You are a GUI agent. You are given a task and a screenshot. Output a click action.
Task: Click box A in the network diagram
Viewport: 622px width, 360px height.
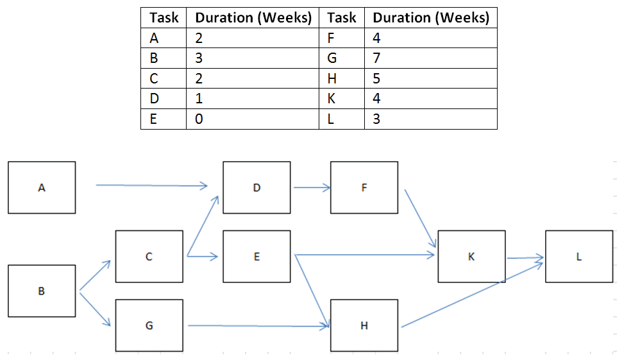[42, 187]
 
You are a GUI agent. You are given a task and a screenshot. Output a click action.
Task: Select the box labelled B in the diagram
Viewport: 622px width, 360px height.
[42, 291]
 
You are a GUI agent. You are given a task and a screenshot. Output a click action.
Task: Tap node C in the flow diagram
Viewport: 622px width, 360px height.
[149, 257]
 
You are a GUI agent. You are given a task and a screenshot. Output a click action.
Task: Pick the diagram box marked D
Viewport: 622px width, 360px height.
[256, 187]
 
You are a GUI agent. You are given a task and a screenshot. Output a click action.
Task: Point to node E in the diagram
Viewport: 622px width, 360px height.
[256, 257]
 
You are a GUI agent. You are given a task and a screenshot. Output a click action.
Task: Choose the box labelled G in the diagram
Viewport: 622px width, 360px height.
[149, 325]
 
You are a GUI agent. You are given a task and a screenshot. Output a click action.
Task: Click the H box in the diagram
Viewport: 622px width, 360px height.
[364, 325]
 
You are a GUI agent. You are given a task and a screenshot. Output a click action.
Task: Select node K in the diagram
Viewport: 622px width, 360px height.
[472, 257]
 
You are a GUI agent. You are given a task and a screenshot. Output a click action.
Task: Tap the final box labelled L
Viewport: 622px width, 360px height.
[579, 257]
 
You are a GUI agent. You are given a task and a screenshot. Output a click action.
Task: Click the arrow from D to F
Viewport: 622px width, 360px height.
[312, 188]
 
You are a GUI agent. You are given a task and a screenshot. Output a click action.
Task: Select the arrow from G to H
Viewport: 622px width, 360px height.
[258, 326]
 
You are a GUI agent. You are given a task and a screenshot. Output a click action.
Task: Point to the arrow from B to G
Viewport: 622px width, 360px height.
[95, 309]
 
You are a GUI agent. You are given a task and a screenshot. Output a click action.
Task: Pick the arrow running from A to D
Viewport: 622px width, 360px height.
[152, 185]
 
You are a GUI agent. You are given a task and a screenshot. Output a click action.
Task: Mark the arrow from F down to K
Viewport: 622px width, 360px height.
[421, 219]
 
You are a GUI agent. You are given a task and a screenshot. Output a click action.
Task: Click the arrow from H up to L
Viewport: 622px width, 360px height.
[473, 295]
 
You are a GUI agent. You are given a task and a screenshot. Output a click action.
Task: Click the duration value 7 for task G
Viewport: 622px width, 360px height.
[376, 58]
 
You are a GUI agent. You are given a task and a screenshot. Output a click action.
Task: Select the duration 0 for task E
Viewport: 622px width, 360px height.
[199, 119]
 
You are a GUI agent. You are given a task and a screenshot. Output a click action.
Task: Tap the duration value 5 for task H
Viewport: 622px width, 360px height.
[376, 78]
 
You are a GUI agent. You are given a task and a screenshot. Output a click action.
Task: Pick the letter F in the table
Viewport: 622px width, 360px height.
[331, 38]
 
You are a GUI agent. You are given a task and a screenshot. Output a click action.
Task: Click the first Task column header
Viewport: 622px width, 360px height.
[164, 17]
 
